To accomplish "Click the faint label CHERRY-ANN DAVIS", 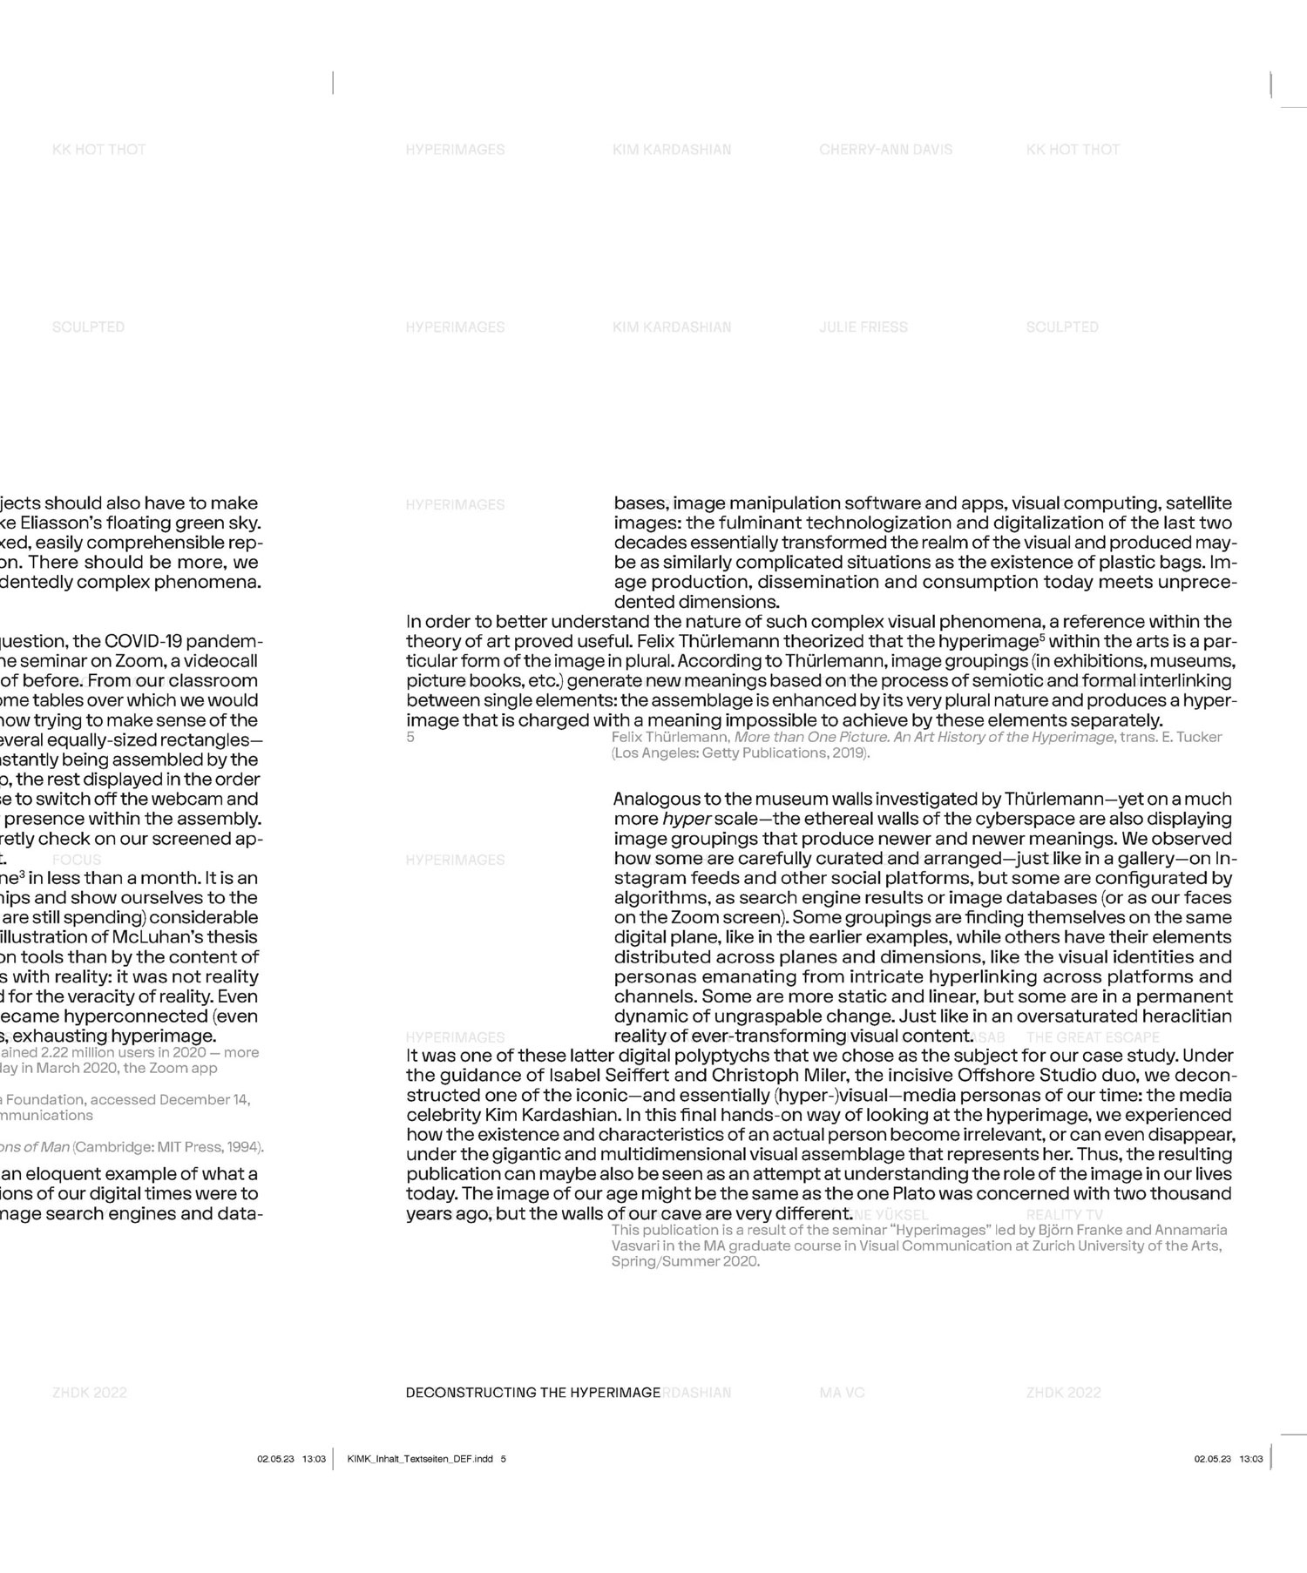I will pos(885,150).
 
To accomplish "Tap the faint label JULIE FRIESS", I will pos(863,327).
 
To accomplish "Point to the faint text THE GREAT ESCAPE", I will pos(1093,1037).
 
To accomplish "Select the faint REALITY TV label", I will pos(1064,1215).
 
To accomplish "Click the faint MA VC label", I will pos(842,1393).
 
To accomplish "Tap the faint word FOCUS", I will pos(77,860).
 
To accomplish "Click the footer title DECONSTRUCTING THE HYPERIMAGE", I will pos(532,1393).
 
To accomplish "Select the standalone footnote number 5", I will pos(410,738).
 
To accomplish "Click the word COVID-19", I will pos(142,642).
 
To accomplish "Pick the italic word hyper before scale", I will pos(687,820).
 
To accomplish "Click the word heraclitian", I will pos(1180,1016).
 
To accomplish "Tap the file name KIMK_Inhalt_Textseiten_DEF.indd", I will pos(420,1459).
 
